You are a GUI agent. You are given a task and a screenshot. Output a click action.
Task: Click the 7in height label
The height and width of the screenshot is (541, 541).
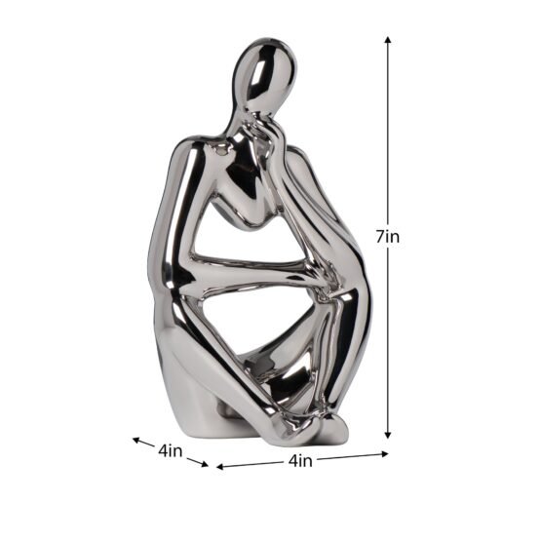click(x=388, y=237)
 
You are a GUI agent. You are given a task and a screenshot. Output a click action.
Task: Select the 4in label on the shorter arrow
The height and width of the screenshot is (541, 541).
click(x=170, y=451)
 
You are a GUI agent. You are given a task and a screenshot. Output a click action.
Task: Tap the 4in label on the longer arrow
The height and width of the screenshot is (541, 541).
click(x=300, y=461)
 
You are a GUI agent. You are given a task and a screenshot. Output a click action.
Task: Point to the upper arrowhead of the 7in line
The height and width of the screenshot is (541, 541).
click(x=388, y=40)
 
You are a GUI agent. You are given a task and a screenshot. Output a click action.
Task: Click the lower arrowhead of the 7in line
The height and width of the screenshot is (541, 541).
click(x=388, y=435)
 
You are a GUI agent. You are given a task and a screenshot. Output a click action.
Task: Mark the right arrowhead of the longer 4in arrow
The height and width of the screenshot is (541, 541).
click(x=384, y=454)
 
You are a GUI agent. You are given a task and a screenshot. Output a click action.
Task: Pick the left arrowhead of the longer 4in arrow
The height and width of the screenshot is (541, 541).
click(x=220, y=467)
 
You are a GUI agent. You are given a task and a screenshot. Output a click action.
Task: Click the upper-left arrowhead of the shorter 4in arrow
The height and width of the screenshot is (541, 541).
click(x=137, y=440)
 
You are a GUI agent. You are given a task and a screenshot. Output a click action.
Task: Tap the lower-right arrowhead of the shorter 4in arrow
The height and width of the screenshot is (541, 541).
click(x=205, y=464)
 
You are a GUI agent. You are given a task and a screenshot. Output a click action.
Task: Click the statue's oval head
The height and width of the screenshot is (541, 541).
click(x=264, y=72)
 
